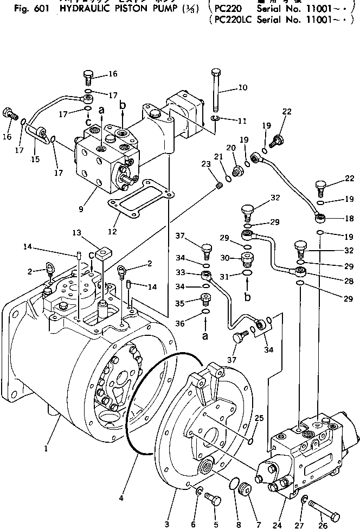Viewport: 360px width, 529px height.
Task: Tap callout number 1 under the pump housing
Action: point(47,449)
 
